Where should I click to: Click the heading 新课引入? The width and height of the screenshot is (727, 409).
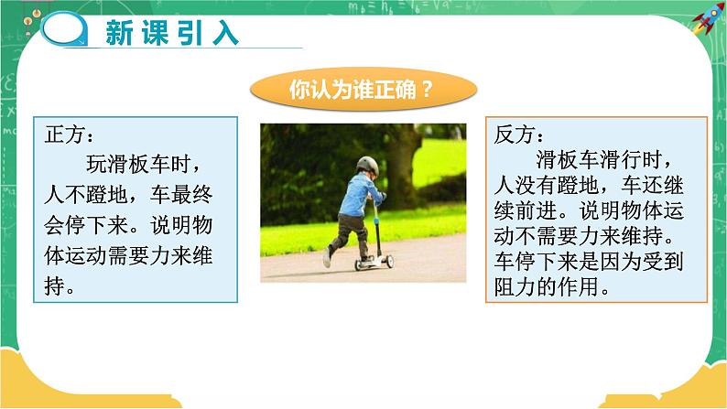(172, 32)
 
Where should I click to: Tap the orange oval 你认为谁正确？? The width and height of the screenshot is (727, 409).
(363, 89)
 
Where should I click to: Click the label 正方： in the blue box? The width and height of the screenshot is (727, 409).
(69, 135)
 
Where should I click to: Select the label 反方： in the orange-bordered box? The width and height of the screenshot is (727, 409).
(519, 135)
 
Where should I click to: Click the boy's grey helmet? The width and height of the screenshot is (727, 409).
(368, 165)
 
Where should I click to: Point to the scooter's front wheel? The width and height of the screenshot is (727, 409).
(389, 262)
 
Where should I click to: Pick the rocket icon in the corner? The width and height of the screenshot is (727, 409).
(708, 18)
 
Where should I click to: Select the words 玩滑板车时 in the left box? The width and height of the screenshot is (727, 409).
(137, 164)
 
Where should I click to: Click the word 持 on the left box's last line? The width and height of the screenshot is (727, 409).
(55, 285)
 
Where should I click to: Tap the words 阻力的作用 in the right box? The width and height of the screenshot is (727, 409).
(546, 286)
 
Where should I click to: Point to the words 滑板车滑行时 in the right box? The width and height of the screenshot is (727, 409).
(599, 160)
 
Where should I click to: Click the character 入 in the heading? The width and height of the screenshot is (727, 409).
(225, 33)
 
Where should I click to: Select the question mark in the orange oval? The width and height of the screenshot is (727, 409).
(428, 89)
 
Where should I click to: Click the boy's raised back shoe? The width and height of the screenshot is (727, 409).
(327, 257)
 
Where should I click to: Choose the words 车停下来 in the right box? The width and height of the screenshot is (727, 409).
(535, 262)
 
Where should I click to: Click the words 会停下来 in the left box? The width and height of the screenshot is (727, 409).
(86, 225)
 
